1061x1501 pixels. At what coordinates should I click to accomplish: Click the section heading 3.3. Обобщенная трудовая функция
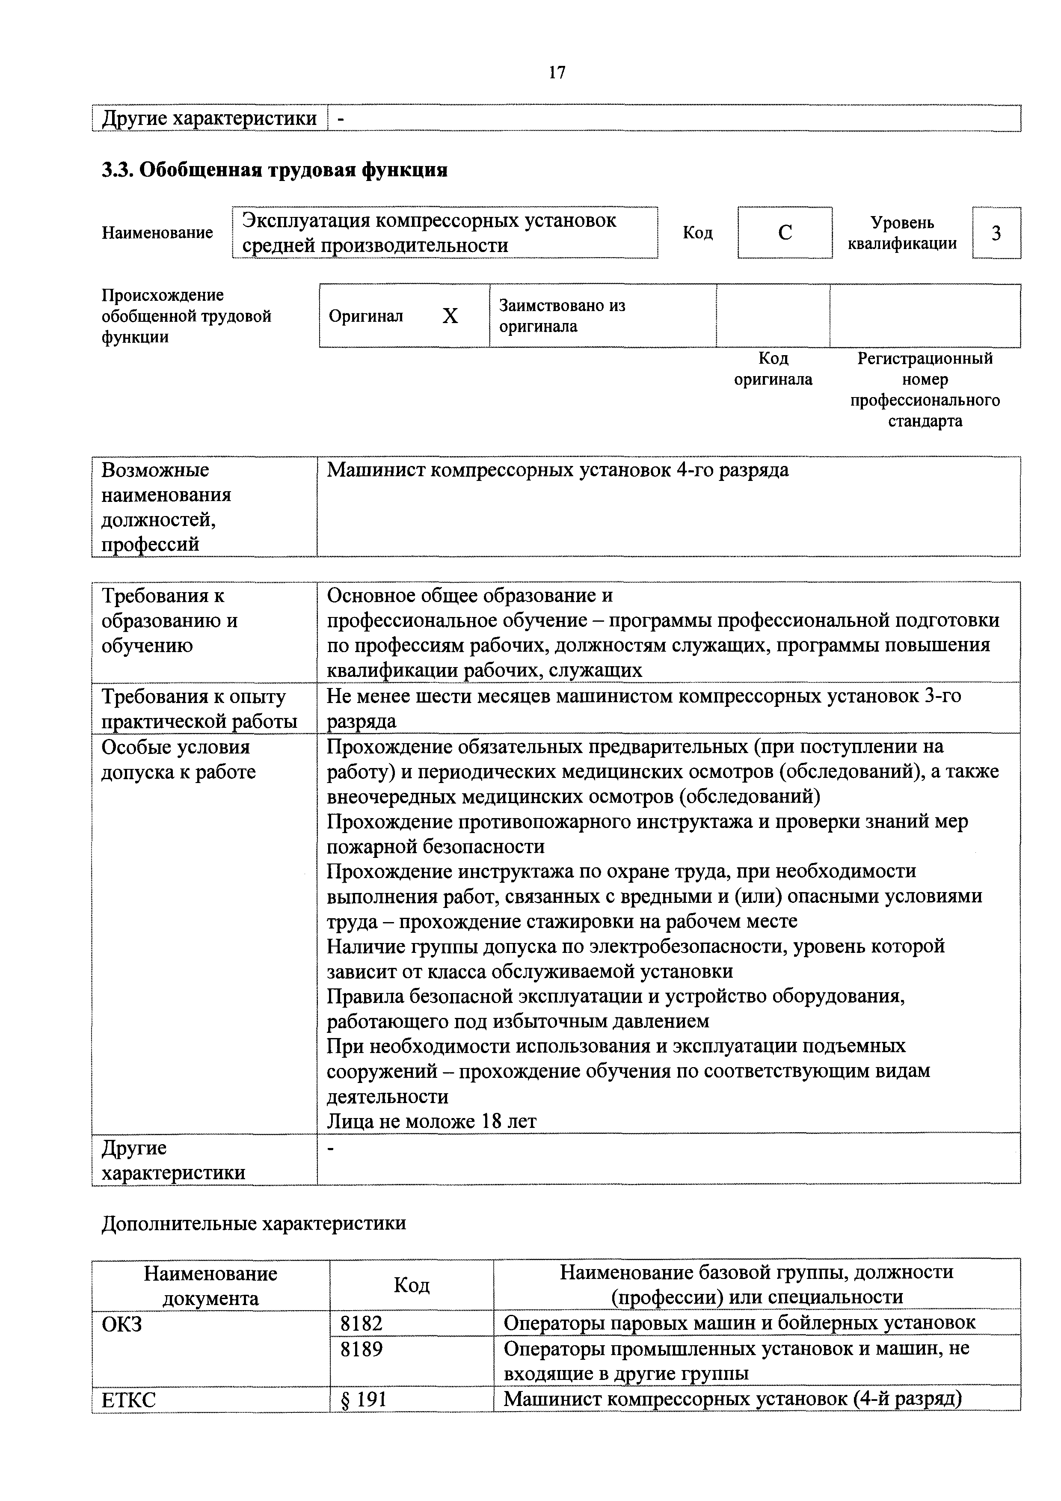275,170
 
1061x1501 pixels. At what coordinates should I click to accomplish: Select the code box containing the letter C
785,233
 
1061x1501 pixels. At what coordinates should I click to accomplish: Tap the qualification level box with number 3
996,233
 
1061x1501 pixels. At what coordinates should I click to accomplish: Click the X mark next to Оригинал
450,316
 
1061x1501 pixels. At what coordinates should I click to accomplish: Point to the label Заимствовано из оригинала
562,316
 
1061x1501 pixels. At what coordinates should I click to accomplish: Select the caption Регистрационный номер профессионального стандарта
925,390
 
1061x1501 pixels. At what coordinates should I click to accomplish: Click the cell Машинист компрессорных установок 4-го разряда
557,470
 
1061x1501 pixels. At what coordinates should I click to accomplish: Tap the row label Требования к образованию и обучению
170,620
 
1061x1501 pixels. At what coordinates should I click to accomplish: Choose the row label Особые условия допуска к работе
178,759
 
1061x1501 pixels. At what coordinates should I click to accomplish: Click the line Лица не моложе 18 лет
432,1122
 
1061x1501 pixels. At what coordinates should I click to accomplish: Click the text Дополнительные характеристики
254,1223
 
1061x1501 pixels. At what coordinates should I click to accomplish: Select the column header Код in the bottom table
411,1285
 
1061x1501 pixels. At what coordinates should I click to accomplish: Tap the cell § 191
364,1400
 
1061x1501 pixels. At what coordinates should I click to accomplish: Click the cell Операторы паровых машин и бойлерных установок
739,1324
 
